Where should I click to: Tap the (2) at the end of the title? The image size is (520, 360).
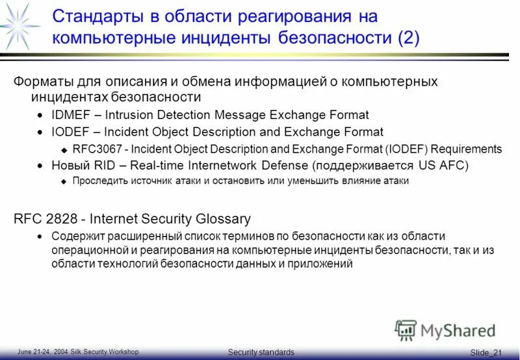(x=408, y=36)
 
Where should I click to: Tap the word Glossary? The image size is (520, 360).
(x=224, y=220)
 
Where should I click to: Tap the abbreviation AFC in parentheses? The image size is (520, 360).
(x=449, y=165)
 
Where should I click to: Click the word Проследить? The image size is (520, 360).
(x=99, y=181)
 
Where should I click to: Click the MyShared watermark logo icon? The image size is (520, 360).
(x=406, y=331)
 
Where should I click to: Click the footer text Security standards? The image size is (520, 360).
(x=261, y=352)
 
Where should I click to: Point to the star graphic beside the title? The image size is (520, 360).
(x=20, y=23)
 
